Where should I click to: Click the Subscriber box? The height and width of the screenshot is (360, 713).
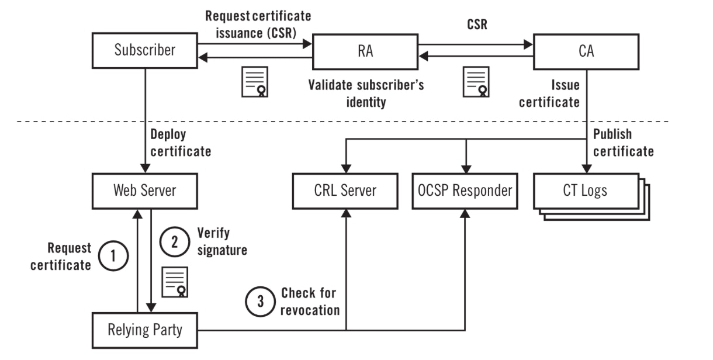coord(144,50)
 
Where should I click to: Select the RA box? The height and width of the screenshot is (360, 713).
coord(365,51)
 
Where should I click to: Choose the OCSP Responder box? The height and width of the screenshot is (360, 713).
coord(465,190)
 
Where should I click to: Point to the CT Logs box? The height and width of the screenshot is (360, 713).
coord(586,190)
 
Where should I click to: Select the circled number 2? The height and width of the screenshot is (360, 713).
coord(174,241)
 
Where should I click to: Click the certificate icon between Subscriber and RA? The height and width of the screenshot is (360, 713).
coord(255,81)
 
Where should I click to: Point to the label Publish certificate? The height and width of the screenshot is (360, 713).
coord(623,143)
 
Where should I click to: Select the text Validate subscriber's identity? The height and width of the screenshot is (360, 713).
coord(366,94)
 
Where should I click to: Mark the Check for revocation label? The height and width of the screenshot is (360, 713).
coord(309,301)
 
